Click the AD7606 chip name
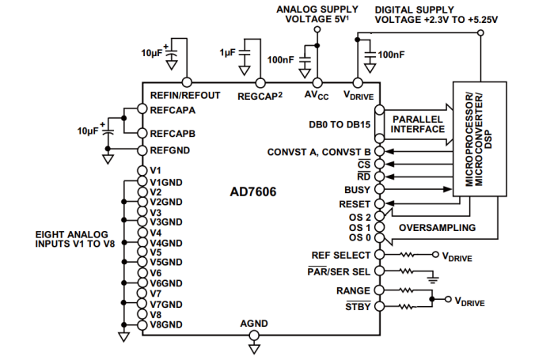256,192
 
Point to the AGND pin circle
255,335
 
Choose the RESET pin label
355,203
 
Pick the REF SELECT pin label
340,255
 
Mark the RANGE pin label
353,291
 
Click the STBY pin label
357,306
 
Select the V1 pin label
156,170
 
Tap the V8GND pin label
166,324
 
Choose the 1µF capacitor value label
228,52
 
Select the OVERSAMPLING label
437,228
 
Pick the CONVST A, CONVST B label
319,151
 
